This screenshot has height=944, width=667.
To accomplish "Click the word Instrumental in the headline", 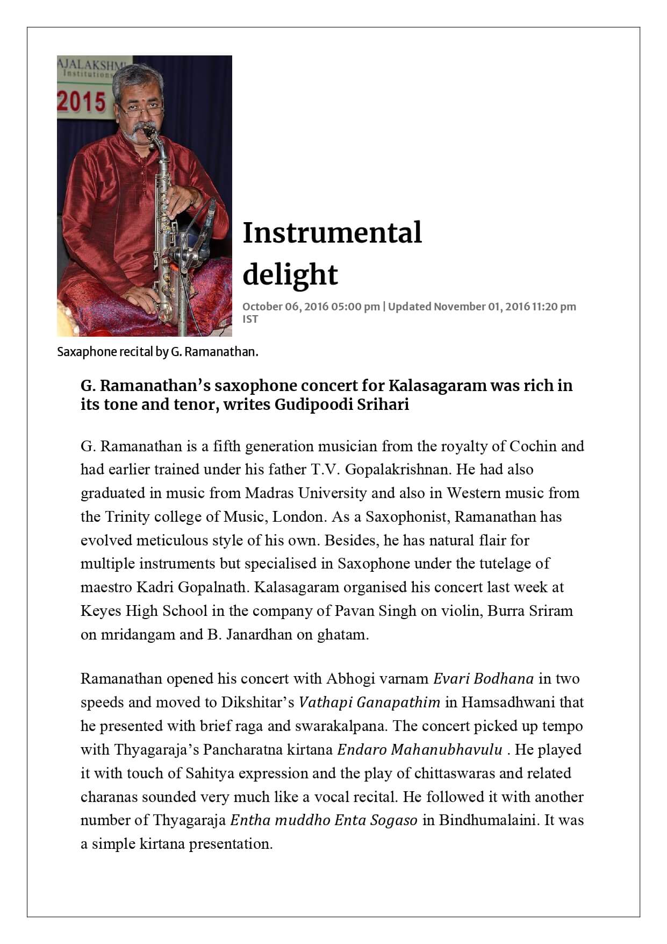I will tap(332, 233).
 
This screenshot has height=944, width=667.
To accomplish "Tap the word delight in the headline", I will tap(290, 274).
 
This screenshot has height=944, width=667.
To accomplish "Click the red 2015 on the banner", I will tap(82, 102).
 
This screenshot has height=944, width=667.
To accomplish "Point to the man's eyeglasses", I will tap(141, 110).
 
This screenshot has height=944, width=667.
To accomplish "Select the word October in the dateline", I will tap(262, 307).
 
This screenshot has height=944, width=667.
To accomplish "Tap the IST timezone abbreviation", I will tap(250, 319).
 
